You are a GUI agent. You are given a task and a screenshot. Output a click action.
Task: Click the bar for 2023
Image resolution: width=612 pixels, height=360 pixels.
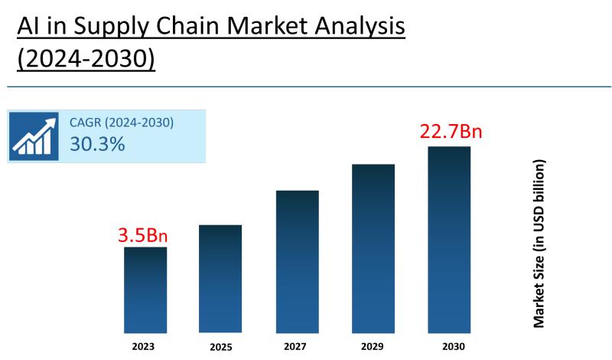click(145, 290)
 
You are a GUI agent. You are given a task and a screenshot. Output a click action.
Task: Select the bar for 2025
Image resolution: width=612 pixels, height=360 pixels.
click(220, 279)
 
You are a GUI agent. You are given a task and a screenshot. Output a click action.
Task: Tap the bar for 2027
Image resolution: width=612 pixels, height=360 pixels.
click(297, 261)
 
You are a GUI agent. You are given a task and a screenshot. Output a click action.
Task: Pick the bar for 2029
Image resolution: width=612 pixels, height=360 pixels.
click(373, 248)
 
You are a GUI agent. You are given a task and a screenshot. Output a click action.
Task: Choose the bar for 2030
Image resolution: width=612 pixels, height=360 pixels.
click(449, 239)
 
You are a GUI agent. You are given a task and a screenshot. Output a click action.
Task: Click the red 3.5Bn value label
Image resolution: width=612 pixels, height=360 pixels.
click(142, 234)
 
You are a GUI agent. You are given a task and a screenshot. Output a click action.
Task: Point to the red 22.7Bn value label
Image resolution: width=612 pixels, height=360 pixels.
click(451, 132)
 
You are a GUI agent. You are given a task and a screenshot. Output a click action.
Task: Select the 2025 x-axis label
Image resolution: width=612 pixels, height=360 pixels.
click(221, 346)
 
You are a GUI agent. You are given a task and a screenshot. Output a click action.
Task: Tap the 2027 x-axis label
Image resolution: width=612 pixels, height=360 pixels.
click(297, 345)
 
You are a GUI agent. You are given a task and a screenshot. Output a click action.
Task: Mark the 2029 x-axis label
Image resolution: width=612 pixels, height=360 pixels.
click(373, 345)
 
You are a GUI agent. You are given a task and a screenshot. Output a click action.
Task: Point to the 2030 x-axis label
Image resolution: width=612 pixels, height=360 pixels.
click(449, 345)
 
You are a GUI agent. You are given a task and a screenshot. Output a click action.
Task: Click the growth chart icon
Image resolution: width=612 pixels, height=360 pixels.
click(34, 136)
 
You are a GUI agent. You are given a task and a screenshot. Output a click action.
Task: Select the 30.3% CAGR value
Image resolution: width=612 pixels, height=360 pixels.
click(97, 144)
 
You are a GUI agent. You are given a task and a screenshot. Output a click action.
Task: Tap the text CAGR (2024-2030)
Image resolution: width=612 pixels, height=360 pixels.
click(122, 123)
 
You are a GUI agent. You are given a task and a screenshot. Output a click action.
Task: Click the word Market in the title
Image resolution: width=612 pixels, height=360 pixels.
click(243, 28)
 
